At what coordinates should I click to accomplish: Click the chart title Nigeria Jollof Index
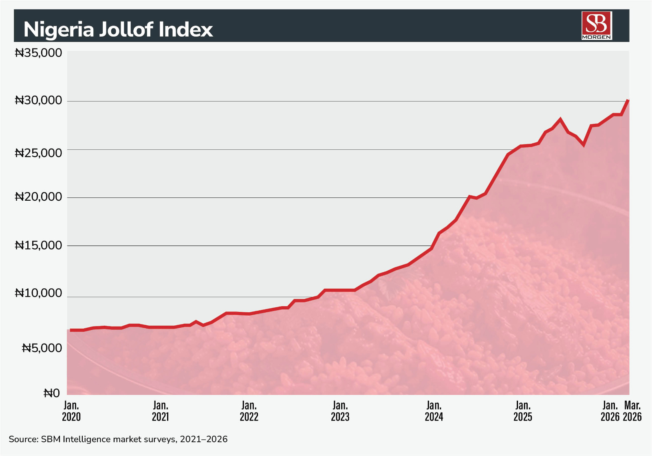pos(118,30)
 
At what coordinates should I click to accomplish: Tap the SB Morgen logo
pos(597,25)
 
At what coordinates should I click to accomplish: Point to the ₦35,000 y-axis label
pos(39,53)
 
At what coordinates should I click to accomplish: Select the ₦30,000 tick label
pos(39,101)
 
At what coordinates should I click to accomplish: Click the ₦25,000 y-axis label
pos(39,153)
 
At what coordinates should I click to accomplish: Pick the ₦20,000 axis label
pos(39,197)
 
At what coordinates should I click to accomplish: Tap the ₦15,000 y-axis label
pos(39,245)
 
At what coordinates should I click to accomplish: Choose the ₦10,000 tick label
pos(39,293)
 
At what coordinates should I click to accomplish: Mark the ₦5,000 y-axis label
pos(42,348)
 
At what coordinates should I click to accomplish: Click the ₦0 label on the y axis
pos(52,393)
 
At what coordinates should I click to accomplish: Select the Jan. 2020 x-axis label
pos(71,411)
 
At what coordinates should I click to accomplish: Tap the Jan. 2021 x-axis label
pos(161,411)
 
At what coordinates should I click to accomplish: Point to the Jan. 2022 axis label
pos(249,411)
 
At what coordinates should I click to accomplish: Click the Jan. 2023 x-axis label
pos(340,411)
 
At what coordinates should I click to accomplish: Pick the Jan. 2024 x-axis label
pos(434,411)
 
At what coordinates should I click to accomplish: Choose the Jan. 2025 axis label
pos(523,411)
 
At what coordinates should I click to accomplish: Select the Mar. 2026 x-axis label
pos(632,411)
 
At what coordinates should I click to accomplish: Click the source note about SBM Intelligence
pos(118,439)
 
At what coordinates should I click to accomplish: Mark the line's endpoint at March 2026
pos(628,101)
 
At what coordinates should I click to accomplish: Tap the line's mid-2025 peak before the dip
pos(560,119)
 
